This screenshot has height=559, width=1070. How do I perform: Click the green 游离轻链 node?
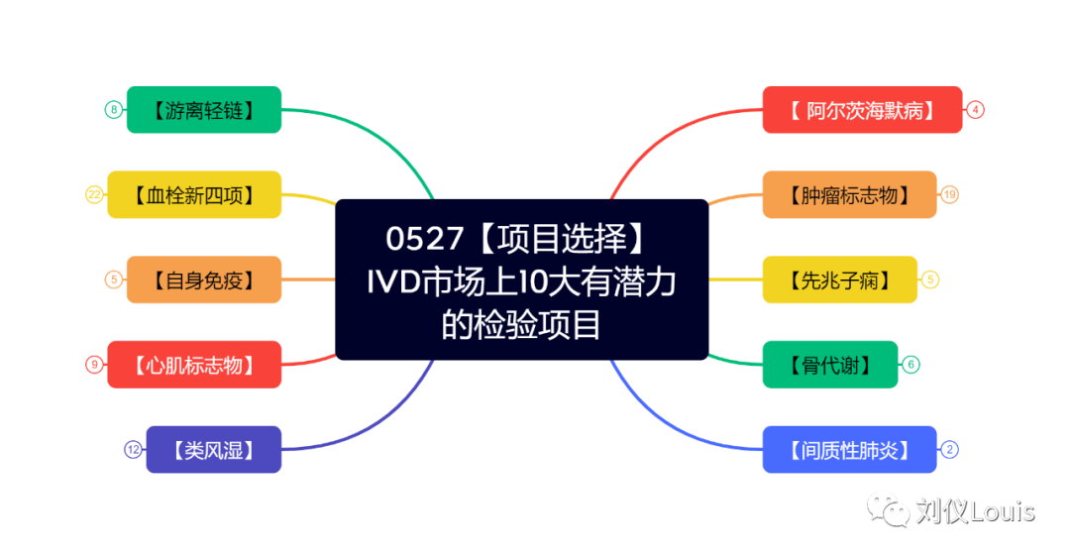[204, 110]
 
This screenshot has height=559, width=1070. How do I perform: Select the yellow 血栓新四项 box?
[194, 195]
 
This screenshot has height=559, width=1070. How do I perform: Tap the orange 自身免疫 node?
[204, 280]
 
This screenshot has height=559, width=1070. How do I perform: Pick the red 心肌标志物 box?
[194, 365]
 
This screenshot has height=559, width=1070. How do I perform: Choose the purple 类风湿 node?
[213, 450]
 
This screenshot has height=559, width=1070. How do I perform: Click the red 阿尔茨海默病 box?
[862, 110]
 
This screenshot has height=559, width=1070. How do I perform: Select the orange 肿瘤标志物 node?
[849, 195]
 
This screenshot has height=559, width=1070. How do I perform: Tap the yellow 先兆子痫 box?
[839, 280]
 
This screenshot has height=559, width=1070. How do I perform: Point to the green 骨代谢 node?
[830, 365]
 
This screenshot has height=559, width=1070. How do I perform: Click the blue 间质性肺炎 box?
[849, 450]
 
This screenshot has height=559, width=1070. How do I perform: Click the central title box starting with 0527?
[522, 280]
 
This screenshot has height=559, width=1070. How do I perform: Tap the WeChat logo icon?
[888, 508]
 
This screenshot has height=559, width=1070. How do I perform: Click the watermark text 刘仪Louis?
[975, 511]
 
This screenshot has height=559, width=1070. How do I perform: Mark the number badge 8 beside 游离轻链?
[114, 110]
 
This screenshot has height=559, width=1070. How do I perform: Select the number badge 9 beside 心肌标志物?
[95, 365]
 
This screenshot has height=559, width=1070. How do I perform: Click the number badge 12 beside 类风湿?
[133, 450]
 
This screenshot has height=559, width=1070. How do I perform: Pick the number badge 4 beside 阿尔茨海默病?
[976, 110]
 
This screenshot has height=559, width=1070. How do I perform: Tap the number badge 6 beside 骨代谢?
[911, 365]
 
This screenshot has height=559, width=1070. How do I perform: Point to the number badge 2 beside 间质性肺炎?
[949, 450]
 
